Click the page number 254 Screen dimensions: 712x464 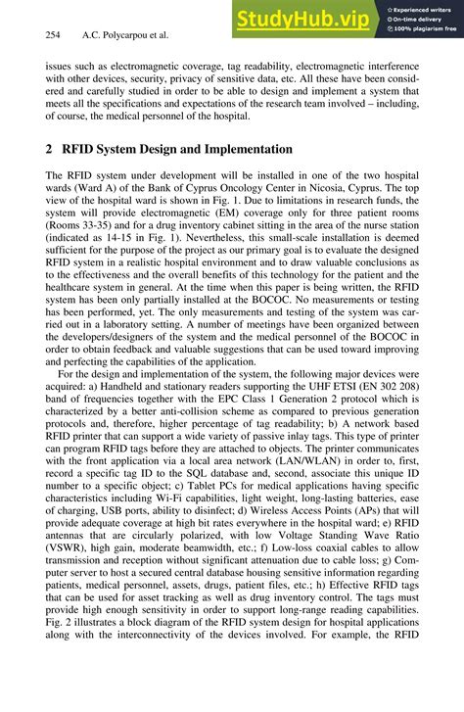(x=54, y=35)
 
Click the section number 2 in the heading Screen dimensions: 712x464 (x=50, y=150)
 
